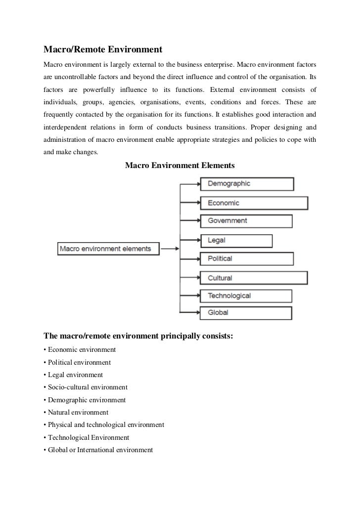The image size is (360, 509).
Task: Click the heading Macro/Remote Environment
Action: pyautogui.click(x=103, y=50)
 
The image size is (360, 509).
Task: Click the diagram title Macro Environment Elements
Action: pyautogui.click(x=180, y=165)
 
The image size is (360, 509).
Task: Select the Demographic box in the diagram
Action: pyautogui.click(x=247, y=184)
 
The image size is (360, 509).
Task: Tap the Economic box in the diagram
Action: pyautogui.click(x=254, y=203)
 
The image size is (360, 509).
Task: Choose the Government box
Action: pyautogui.click(x=246, y=221)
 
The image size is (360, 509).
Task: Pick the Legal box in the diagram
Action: pyautogui.click(x=236, y=241)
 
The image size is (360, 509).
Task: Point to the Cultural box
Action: pyautogui.click(x=254, y=278)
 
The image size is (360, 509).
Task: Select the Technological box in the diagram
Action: pyautogui.click(x=246, y=296)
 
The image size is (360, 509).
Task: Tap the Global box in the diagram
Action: pyautogui.click(x=246, y=313)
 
